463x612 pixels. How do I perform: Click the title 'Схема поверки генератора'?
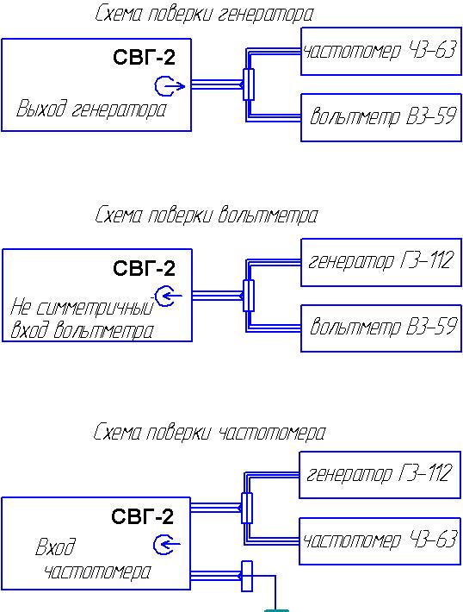204,14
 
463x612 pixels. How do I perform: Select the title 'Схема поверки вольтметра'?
207,215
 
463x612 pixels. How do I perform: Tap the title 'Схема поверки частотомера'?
209,433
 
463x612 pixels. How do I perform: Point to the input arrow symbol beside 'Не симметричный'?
168,296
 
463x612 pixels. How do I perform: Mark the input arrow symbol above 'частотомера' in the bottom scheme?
167,544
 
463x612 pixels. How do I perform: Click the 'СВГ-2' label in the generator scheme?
145,58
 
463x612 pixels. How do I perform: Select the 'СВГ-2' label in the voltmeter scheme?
145,269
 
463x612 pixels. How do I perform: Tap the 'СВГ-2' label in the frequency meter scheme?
142,516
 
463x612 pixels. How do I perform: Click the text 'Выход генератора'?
91,109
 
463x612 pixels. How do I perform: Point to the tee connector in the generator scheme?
248,84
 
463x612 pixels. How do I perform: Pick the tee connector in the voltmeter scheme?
248,296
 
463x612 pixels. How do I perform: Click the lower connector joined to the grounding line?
247,576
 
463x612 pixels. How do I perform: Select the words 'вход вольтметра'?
82,330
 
